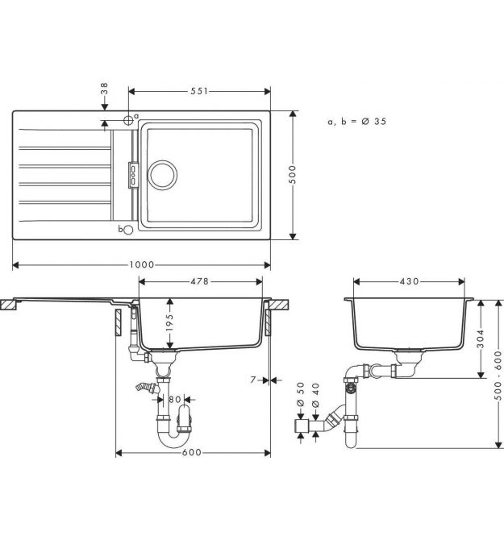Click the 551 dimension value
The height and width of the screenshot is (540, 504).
coord(199,91)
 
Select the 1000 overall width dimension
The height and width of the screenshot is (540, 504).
coord(142,265)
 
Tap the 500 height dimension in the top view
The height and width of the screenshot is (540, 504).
coord(293,174)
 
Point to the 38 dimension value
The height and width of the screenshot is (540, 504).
coord(104,89)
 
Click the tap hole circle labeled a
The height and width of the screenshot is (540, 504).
coord(128,120)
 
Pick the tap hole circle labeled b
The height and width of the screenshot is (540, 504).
coord(128,230)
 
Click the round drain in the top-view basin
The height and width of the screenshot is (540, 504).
coord(163,175)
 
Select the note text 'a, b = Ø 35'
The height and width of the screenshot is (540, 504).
coord(357,121)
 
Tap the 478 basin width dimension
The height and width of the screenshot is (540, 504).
coord(199,281)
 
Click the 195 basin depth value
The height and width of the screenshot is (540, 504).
coord(169,322)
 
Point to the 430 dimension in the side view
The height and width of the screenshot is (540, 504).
coord(410,281)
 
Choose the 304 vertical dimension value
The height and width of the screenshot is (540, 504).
coord(481,339)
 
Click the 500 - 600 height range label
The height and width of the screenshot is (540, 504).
coord(498,376)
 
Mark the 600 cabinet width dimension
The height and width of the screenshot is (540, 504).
coord(192,452)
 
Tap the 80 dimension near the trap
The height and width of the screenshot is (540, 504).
coord(175,400)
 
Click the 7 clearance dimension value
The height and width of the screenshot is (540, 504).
coord(253,380)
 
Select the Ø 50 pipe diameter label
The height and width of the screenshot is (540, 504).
coord(301,394)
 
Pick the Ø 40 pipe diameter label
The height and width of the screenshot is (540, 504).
coord(315,394)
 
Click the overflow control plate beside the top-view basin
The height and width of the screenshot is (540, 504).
coord(133,175)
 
